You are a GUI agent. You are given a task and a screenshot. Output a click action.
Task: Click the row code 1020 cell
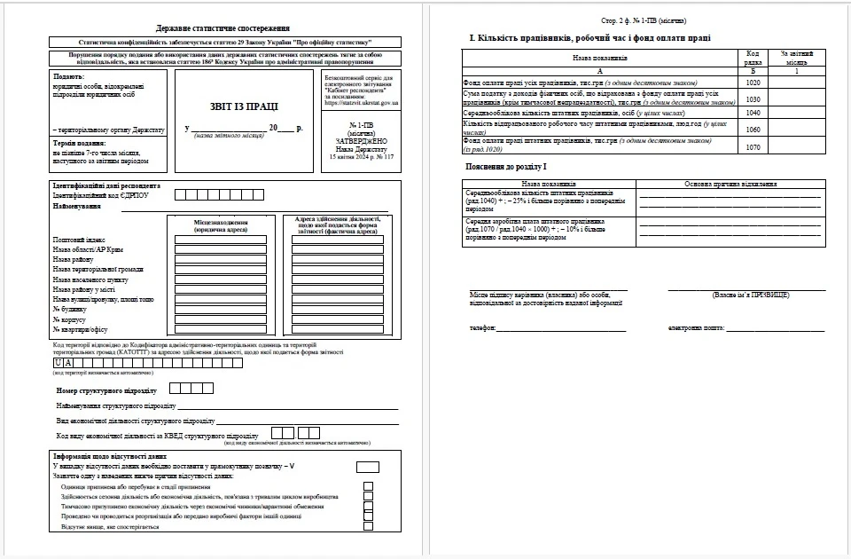pos(753,83)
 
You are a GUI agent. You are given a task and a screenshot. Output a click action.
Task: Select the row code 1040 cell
pos(753,113)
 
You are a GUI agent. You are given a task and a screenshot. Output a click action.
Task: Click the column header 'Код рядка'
pos(753,57)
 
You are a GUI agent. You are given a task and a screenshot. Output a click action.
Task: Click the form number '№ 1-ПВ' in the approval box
pos(362,125)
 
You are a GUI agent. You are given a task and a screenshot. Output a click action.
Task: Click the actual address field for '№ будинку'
pos(337,309)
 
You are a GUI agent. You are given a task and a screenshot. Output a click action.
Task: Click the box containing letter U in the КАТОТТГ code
pos(59,363)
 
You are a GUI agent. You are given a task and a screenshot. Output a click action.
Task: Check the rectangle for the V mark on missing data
pos(367,467)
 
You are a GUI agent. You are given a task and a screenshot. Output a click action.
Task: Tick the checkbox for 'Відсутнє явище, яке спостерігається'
pos(368,527)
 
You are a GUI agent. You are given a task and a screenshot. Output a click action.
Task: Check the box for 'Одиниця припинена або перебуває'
pos(368,487)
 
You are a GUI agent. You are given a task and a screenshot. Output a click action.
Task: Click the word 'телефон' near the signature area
pos(483,327)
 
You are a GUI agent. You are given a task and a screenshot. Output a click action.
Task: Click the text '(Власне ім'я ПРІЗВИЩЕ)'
pos(750,295)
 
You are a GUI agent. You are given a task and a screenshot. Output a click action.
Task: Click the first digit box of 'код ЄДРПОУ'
pos(181,195)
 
